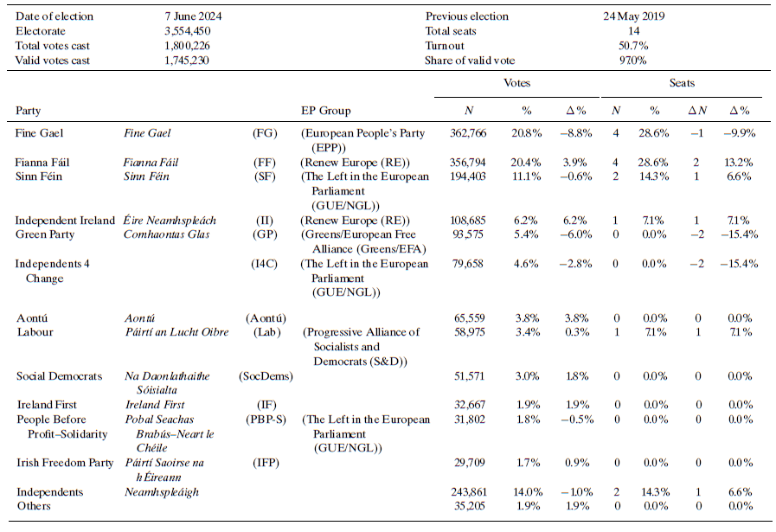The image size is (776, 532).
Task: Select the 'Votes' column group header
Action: pyautogui.click(x=516, y=84)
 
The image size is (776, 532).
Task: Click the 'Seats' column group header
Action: pyautogui.click(x=682, y=84)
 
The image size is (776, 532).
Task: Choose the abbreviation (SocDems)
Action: pyautogui.click(x=265, y=376)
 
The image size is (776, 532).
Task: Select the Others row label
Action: pyautogui.click(x=34, y=506)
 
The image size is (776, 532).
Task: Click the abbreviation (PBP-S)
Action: pyautogui.click(x=265, y=420)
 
